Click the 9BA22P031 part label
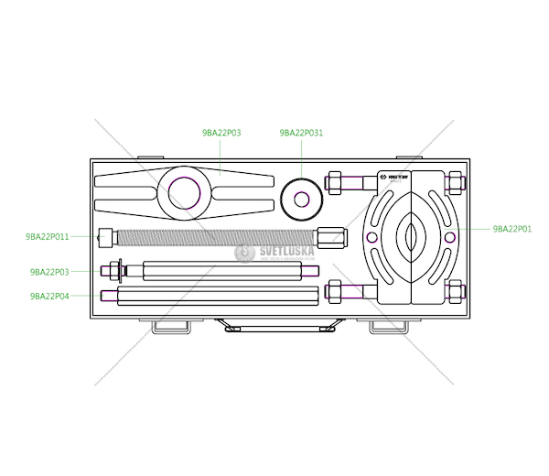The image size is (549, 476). [x=301, y=133]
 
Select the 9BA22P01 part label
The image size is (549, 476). [x=511, y=229]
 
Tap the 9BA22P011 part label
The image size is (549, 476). [x=48, y=236]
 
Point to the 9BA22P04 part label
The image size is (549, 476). [x=49, y=296]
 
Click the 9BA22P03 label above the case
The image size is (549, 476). [x=221, y=133]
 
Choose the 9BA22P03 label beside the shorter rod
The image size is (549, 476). [x=49, y=272]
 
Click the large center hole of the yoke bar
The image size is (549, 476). [x=184, y=194]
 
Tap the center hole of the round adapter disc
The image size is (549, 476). [x=301, y=199]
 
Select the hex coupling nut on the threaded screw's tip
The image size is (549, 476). [x=332, y=237]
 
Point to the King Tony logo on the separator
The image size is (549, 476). [x=396, y=177]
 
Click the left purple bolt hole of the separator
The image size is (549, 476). [x=371, y=237]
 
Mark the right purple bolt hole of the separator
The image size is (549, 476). [x=450, y=237]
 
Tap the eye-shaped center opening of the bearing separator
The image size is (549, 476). [x=411, y=237]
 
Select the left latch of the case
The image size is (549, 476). [x=171, y=326]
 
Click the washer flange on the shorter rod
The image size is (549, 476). [x=114, y=271]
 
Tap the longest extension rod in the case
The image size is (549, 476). [x=210, y=295]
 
